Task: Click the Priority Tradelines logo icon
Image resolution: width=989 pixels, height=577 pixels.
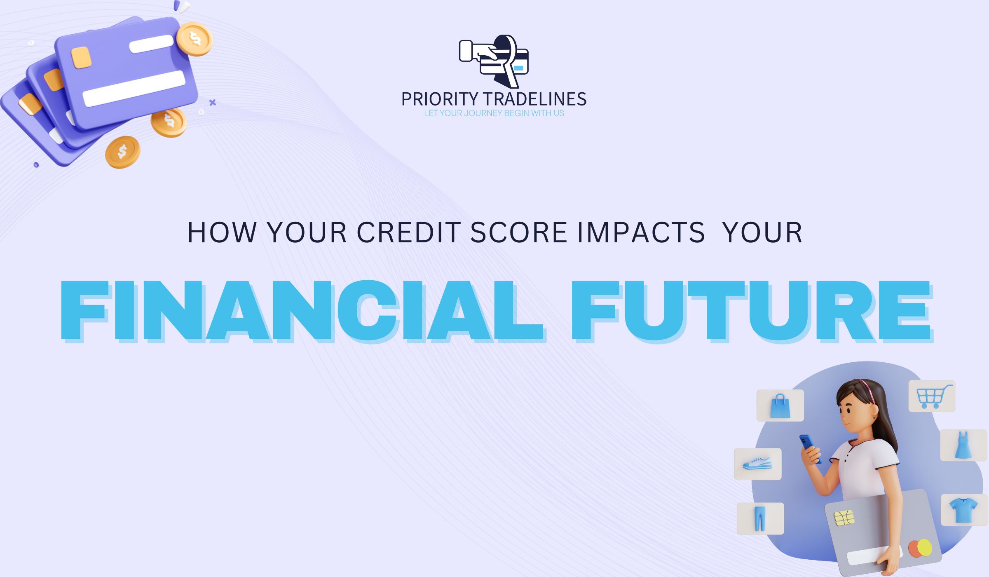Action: click(494, 61)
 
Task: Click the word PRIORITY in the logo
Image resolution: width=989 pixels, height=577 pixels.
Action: click(440, 99)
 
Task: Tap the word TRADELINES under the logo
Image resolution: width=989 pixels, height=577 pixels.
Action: click(535, 99)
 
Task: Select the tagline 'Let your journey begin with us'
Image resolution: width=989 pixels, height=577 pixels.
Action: click(494, 113)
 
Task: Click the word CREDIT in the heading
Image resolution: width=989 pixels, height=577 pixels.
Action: click(408, 232)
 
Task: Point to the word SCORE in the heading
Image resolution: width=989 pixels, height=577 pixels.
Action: click(519, 232)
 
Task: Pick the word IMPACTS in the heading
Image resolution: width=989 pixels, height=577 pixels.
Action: click(641, 232)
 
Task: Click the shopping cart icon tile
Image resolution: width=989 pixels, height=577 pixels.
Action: click(932, 396)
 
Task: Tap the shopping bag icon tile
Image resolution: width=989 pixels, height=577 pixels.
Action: click(780, 406)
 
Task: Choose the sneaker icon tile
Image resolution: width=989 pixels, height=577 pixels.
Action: click(758, 464)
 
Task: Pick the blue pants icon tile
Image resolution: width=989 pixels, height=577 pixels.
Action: click(760, 518)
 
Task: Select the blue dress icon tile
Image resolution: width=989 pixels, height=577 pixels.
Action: click(963, 445)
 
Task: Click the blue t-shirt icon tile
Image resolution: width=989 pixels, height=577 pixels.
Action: click(963, 510)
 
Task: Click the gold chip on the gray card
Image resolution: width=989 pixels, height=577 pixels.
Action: click(844, 518)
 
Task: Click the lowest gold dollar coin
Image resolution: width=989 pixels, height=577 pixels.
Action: click(122, 152)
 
